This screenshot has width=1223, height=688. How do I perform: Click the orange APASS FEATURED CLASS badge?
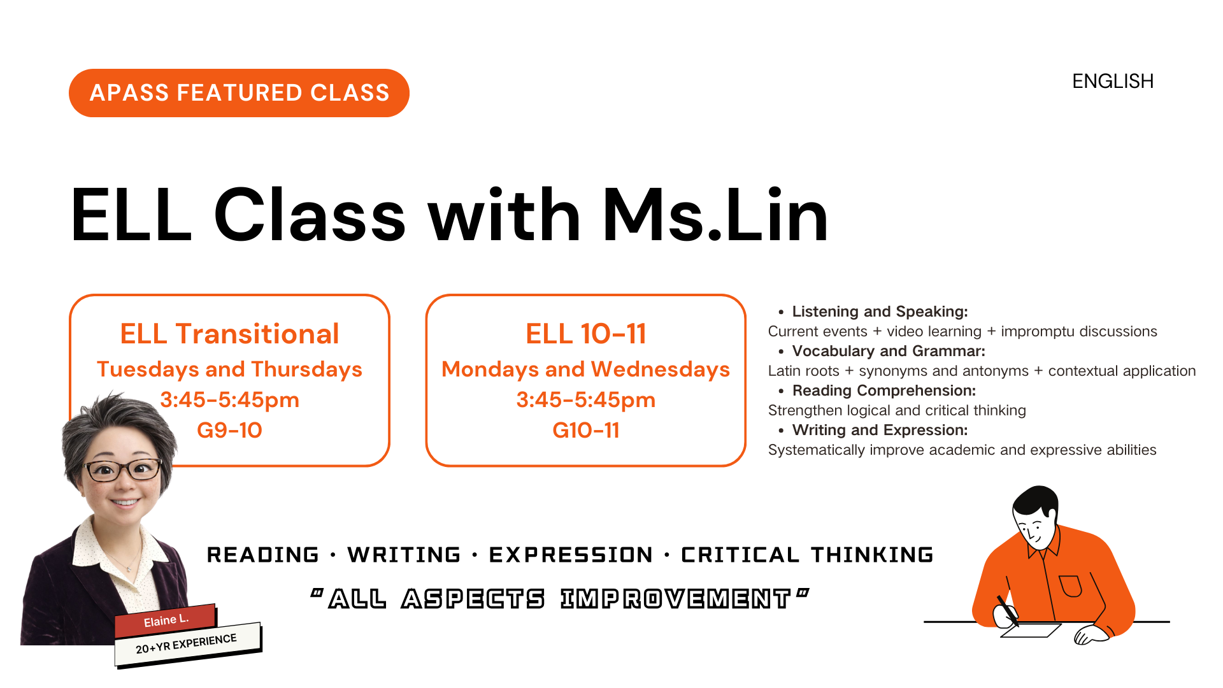pos(239,93)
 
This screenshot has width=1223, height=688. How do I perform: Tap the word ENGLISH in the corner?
pos(1113,82)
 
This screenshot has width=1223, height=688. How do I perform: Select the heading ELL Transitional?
pos(229,334)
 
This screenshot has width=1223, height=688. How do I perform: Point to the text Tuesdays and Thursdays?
pos(229,369)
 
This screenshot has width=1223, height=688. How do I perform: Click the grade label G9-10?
pos(229,430)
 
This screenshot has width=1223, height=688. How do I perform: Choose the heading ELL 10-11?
pos(586,334)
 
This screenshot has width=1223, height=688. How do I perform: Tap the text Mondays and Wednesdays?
pos(586,369)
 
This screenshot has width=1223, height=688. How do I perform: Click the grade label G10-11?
pos(586,430)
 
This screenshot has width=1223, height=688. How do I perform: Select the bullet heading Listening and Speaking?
pos(880,312)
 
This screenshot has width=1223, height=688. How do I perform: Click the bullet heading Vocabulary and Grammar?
pos(889,351)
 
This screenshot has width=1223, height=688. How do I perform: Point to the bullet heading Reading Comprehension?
pos(884,391)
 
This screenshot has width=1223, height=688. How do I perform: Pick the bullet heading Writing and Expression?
pos(880,430)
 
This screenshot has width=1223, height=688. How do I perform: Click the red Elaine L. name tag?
pos(166,620)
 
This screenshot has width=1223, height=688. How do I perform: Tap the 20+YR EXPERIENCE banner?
pos(187,644)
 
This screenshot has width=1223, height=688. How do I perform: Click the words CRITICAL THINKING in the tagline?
pos(807,555)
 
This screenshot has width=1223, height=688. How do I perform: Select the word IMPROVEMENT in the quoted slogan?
pos(675,599)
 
